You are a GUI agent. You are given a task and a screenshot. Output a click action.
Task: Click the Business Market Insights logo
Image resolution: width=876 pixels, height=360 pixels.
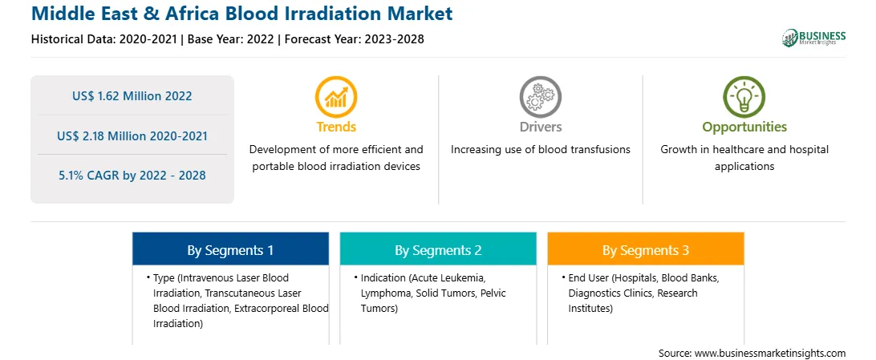[x=814, y=37]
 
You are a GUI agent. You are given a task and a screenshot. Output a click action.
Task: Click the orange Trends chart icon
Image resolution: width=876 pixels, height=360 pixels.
[x=336, y=96]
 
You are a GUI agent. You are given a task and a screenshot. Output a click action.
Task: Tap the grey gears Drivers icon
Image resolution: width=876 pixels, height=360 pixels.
[x=540, y=96]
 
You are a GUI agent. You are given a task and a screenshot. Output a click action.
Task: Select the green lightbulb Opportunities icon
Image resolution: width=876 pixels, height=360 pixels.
[x=744, y=96]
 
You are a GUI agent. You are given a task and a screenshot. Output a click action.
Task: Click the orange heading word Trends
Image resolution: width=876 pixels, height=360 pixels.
[x=336, y=127]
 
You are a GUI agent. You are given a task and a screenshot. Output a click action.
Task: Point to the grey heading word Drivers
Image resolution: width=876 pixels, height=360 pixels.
[x=540, y=127]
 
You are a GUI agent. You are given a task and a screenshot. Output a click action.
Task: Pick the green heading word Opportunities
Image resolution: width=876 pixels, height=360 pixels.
[x=744, y=127]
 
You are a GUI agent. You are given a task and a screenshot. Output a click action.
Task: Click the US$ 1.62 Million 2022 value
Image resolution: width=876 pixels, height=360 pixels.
[x=132, y=96]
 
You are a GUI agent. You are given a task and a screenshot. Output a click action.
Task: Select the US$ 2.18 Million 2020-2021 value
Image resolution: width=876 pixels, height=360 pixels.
[x=132, y=136]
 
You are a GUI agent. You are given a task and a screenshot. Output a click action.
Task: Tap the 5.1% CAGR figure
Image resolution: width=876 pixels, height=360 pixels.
[x=132, y=176]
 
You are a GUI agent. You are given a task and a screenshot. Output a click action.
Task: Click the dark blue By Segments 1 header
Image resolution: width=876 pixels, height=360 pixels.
[x=231, y=251]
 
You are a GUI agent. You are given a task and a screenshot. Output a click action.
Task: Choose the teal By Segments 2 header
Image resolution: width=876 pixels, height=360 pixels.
[x=438, y=251]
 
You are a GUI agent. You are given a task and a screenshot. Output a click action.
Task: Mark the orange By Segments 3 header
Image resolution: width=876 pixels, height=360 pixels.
[x=646, y=251]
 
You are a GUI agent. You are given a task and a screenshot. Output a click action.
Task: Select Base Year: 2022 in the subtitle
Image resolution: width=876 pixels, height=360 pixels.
[x=231, y=39]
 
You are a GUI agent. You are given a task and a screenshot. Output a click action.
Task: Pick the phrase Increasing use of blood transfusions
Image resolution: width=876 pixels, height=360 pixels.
[x=540, y=150]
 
